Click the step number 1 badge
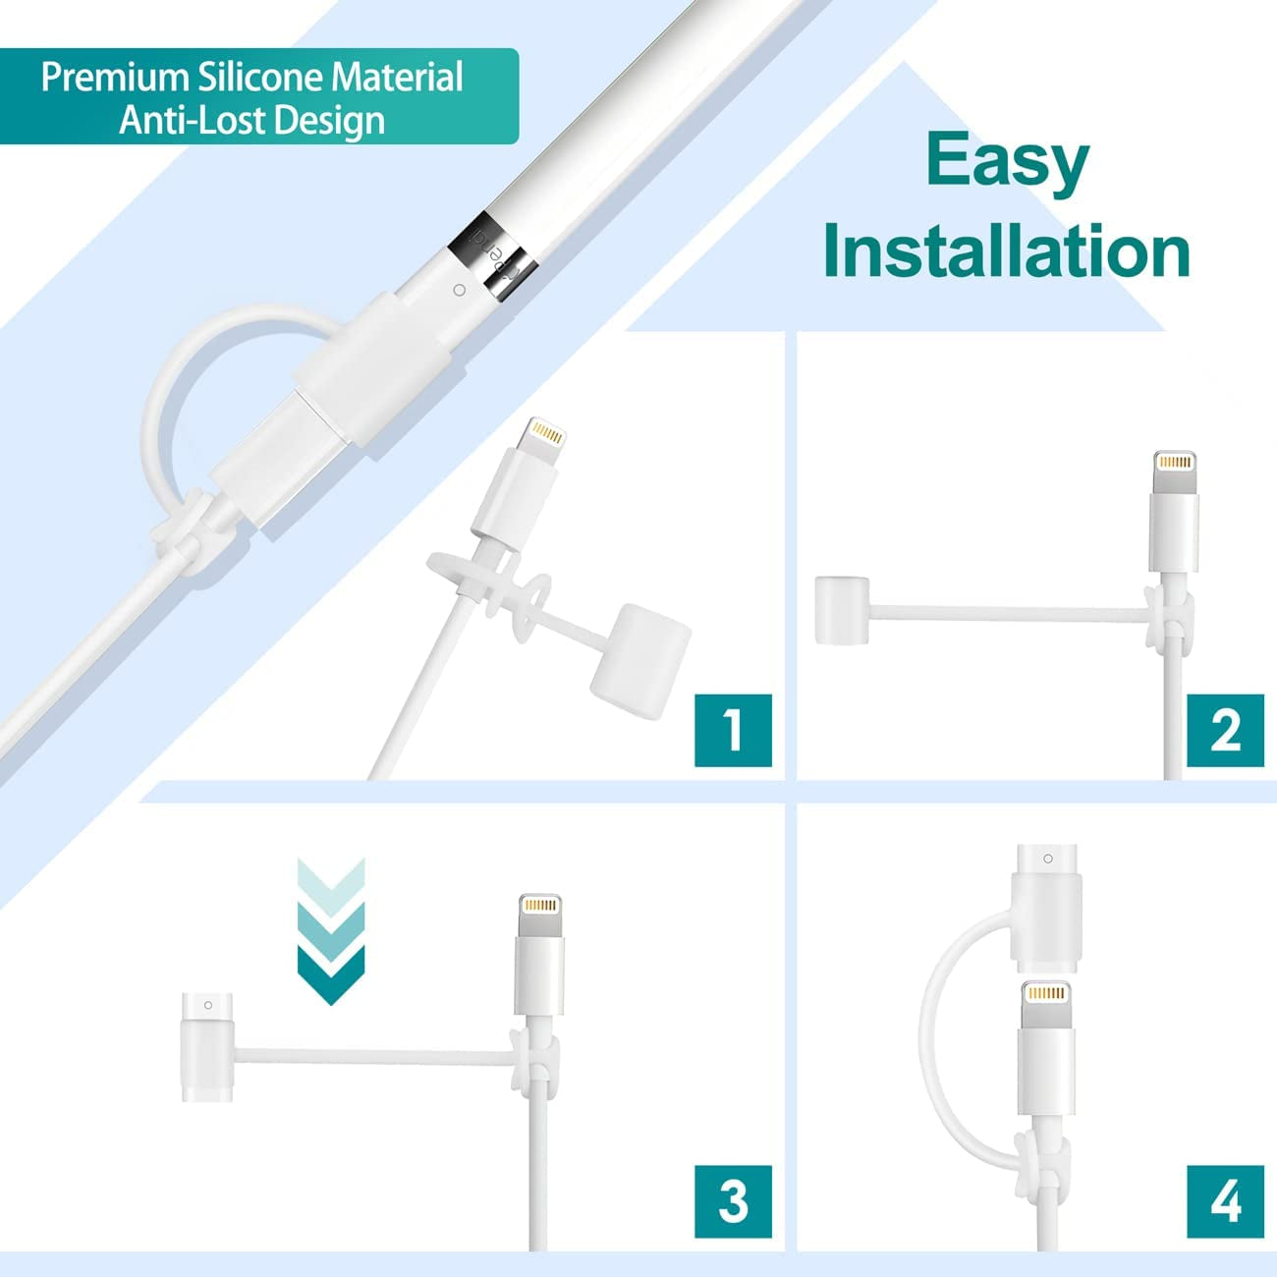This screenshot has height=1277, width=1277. (x=733, y=730)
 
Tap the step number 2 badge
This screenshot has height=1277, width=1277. (x=1225, y=730)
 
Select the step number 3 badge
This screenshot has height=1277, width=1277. (x=733, y=1201)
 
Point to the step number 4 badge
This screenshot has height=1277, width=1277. (x=1225, y=1201)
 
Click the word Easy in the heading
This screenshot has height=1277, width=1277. (x=1007, y=163)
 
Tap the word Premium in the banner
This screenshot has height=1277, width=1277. (x=115, y=77)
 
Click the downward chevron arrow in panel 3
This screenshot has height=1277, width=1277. (x=331, y=931)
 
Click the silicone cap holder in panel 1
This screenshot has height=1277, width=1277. (x=640, y=661)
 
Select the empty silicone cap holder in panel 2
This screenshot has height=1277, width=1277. (x=842, y=610)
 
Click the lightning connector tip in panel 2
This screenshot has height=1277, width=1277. (x=1174, y=472)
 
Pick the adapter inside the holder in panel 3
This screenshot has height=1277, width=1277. (x=206, y=1047)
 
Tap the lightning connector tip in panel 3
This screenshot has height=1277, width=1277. (x=539, y=916)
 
